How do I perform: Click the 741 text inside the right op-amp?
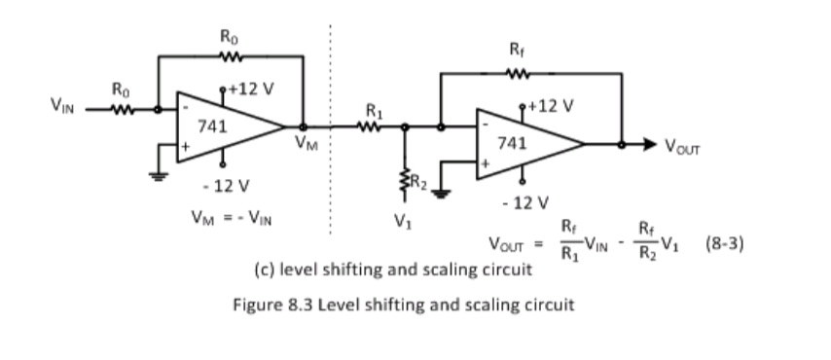(x=513, y=143)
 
